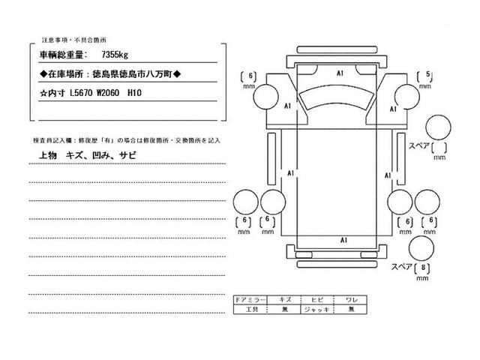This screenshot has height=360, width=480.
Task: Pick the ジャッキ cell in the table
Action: tap(313, 309)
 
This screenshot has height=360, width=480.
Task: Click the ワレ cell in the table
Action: tap(346, 300)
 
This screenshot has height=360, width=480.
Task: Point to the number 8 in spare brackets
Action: tap(424, 268)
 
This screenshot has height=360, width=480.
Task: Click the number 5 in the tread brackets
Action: tap(427, 74)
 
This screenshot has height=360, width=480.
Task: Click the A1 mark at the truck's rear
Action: tap(343, 240)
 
